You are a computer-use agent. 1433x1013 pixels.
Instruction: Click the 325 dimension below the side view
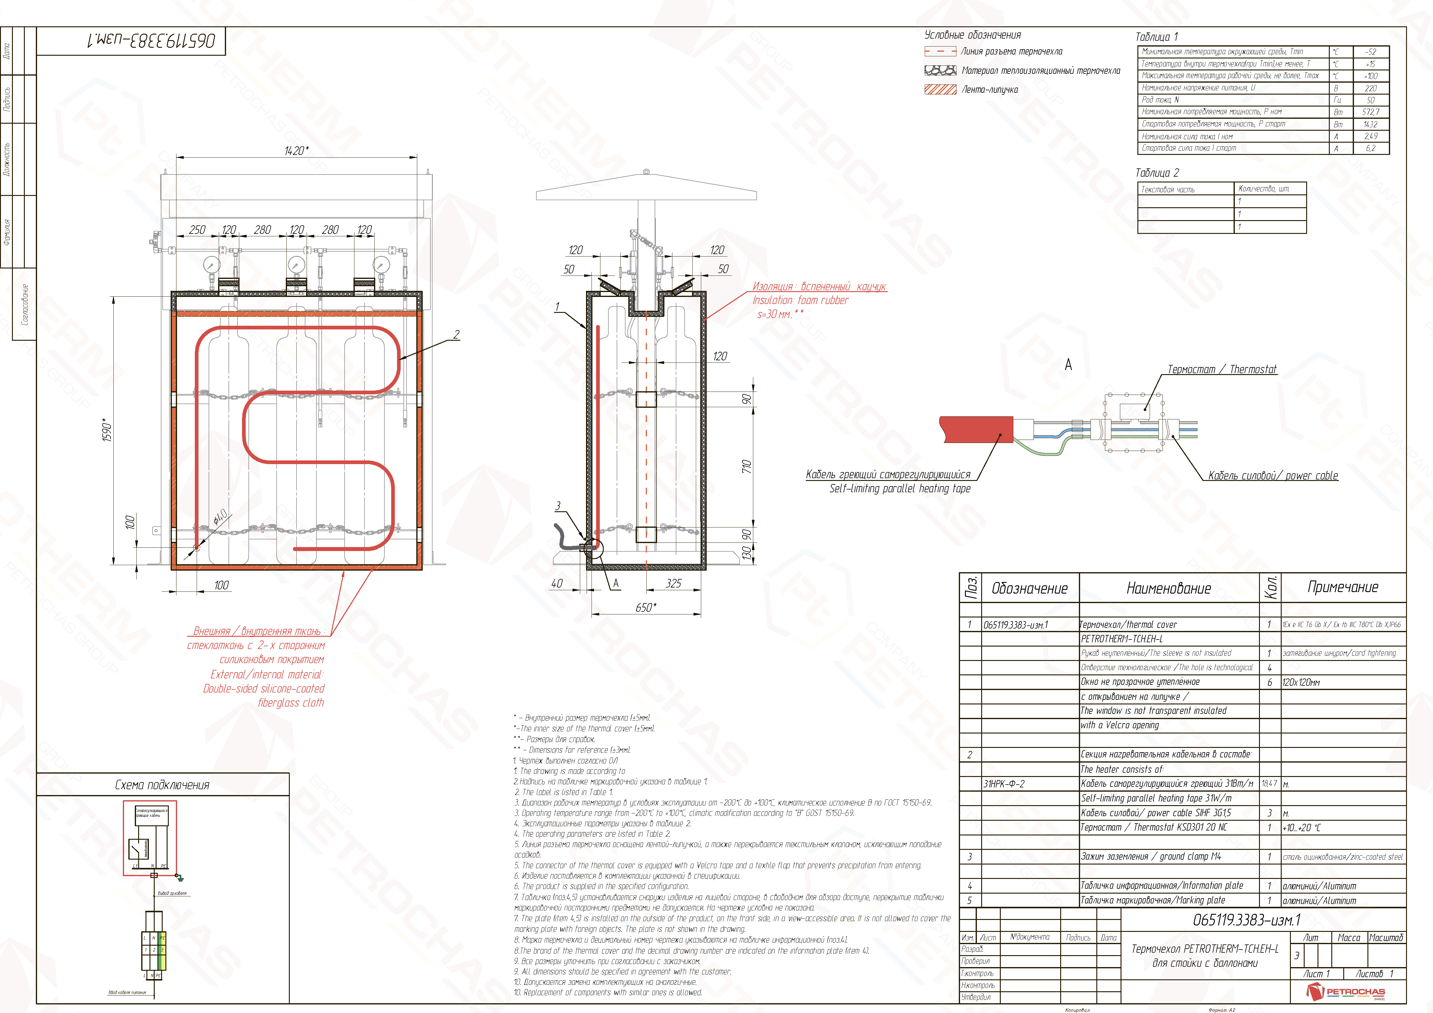[673, 583]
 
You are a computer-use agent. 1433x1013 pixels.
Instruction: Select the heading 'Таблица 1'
[1156, 37]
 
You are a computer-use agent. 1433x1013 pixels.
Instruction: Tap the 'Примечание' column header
[1343, 587]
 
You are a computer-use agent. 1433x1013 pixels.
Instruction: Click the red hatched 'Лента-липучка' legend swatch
[940, 89]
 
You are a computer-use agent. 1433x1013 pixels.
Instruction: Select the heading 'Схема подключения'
[162, 785]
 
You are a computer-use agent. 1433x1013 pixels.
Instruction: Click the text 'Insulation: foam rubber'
[800, 300]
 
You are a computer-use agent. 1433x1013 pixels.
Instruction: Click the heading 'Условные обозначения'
[972, 35]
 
